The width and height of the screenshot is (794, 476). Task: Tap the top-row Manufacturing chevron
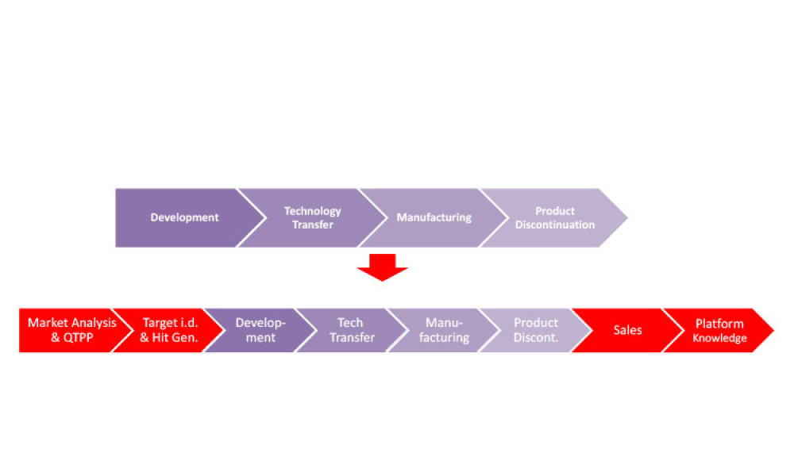(x=434, y=217)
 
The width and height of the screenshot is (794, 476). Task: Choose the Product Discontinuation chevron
(x=555, y=217)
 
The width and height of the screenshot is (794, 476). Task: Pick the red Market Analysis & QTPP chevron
(x=70, y=330)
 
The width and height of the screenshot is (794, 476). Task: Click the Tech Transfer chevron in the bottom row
(x=351, y=330)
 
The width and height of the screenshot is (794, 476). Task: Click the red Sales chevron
(x=627, y=330)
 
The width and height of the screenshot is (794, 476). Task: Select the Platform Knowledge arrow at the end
(x=719, y=330)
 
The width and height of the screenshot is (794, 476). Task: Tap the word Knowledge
(x=719, y=339)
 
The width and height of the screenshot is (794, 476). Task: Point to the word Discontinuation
(x=555, y=225)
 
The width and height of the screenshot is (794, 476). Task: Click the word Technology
(x=313, y=211)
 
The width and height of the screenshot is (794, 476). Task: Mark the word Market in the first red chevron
(x=47, y=323)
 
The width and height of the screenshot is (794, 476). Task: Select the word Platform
(x=719, y=324)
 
